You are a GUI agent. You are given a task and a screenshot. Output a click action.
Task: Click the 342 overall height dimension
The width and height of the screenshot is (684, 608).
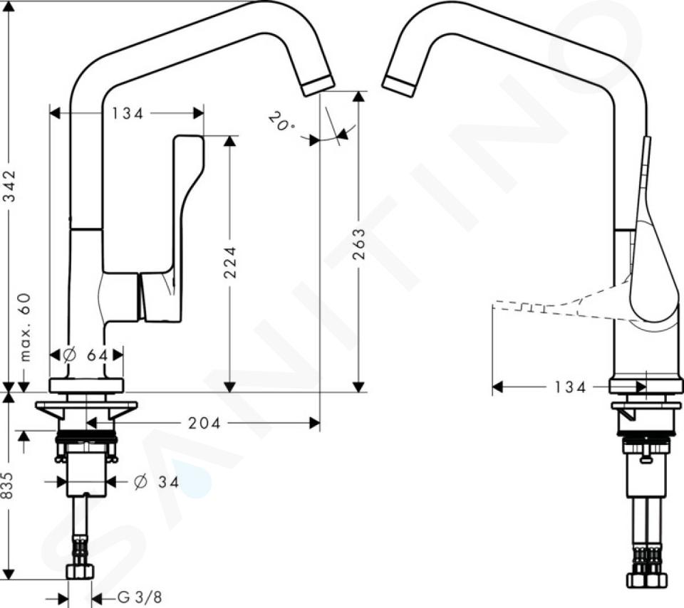click(11, 186)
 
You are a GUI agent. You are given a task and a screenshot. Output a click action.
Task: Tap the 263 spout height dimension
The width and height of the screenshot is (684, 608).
click(358, 244)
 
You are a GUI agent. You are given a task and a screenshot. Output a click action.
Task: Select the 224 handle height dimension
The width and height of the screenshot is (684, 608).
click(230, 263)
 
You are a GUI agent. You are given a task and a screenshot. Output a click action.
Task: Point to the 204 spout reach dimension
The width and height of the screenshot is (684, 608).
click(204, 423)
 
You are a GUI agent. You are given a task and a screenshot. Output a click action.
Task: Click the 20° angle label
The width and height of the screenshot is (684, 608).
click(281, 122)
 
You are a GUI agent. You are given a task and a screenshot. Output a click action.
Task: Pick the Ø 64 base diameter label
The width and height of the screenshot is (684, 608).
click(86, 355)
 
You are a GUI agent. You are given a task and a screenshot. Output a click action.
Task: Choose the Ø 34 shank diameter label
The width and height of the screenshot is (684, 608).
click(156, 482)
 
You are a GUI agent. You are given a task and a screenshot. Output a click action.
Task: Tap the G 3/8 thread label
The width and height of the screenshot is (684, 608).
click(140, 597)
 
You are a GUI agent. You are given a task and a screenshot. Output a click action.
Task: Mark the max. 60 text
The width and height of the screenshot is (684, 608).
click(26, 327)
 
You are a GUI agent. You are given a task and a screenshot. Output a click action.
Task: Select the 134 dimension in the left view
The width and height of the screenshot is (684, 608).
click(128, 114)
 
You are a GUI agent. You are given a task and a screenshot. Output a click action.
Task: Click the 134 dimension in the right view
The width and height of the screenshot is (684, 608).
click(570, 387)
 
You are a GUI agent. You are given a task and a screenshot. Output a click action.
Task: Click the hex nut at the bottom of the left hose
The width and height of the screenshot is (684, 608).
click(81, 572)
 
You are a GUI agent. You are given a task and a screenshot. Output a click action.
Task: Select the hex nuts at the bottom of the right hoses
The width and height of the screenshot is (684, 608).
click(648, 580)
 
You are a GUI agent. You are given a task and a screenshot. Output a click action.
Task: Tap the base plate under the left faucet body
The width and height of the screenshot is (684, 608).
click(87, 386)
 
